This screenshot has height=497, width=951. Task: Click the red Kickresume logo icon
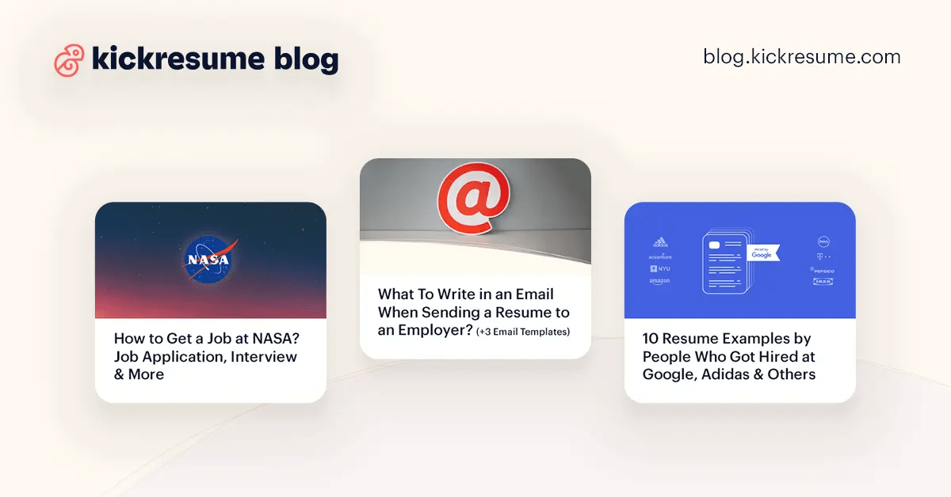[69, 60]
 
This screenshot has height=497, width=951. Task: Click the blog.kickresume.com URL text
[801, 57]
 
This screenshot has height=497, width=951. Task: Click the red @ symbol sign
[474, 199]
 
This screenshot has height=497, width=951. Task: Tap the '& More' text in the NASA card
[139, 374]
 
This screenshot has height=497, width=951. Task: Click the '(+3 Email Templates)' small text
[522, 332]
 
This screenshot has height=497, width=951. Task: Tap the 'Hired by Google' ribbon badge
[762, 252]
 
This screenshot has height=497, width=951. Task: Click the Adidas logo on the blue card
[660, 243]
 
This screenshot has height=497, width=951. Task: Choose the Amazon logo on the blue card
[660, 281]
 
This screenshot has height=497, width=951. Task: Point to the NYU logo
[660, 269]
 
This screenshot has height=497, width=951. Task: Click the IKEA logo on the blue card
[822, 282]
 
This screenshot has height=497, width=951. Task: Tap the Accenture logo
[660, 256]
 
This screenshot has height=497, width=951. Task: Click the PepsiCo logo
[822, 269]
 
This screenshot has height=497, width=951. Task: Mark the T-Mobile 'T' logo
[822, 256]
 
